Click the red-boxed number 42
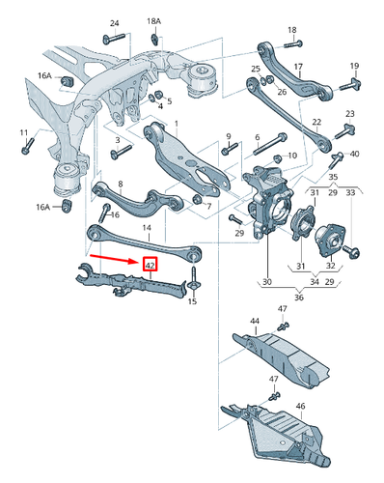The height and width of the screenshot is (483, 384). click(x=150, y=265)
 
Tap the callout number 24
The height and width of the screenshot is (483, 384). click(x=114, y=22)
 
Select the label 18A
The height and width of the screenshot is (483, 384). click(x=154, y=20)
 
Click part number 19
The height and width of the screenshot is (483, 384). click(x=354, y=66)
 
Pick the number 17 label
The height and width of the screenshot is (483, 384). click(x=298, y=67)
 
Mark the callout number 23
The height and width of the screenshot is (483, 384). click(x=350, y=115)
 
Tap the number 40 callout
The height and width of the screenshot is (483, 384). click(x=355, y=154)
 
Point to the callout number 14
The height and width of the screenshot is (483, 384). click(x=147, y=228)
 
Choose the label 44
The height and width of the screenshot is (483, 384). click(x=255, y=320)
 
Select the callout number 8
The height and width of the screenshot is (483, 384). click(x=120, y=184)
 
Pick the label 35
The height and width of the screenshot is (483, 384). click(x=332, y=178)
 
